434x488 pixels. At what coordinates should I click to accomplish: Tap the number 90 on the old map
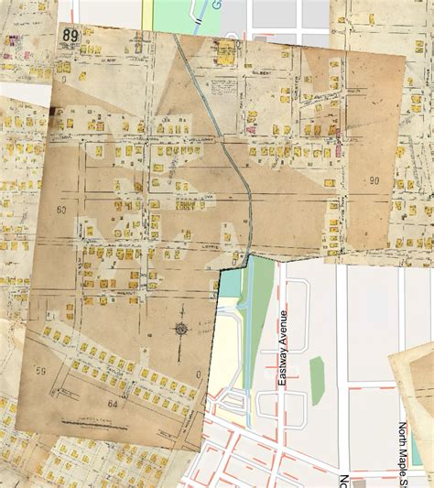(374, 181)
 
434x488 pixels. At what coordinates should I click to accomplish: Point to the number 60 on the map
(62, 211)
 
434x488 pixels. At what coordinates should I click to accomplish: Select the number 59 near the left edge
(40, 371)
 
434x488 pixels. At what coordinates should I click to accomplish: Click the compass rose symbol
(180, 329)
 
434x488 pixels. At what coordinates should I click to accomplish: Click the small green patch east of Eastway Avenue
(318, 381)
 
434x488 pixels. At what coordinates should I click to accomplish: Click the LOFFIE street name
(205, 245)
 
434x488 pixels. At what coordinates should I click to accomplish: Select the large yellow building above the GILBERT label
(224, 49)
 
